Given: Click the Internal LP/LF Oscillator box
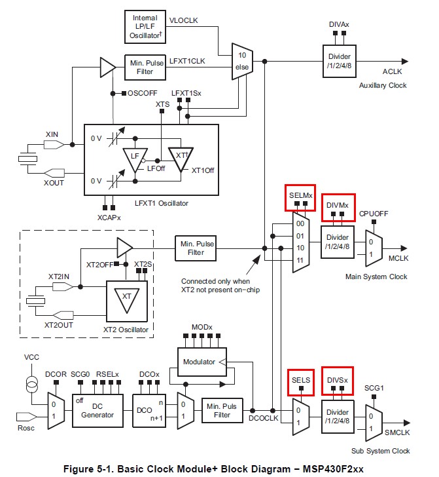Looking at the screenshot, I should pyautogui.click(x=145, y=26).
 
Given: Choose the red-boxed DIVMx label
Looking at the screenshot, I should pyautogui.click(x=338, y=204).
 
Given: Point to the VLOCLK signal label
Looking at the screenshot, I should pyautogui.click(x=183, y=21).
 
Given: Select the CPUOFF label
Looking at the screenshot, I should pyautogui.click(x=374, y=214).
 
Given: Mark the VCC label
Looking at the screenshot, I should pyautogui.click(x=32, y=358).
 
